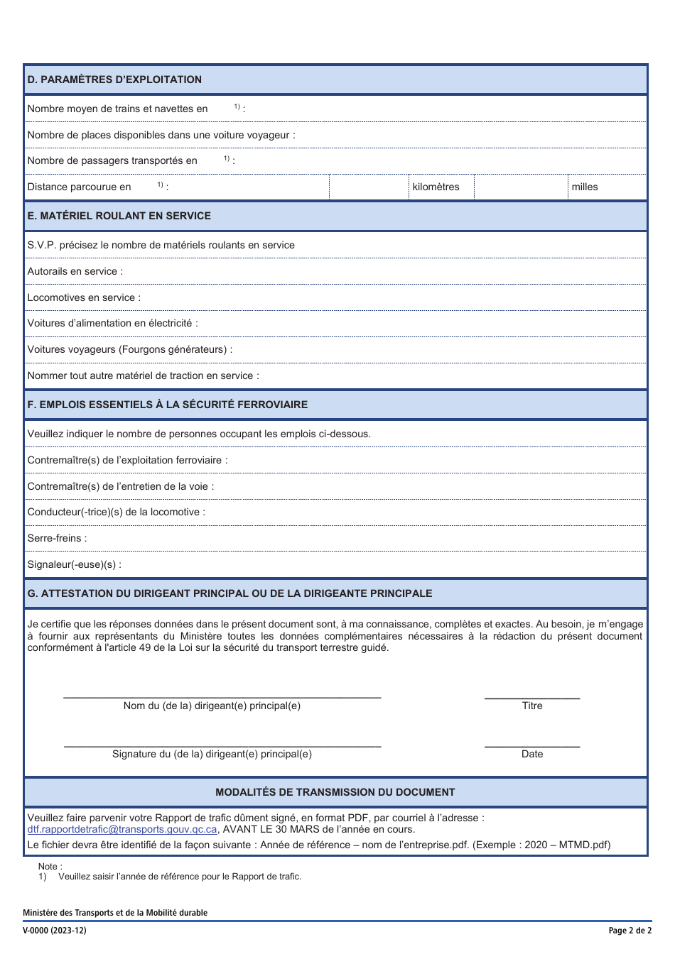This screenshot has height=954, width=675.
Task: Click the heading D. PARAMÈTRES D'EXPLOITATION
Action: pos(114,79)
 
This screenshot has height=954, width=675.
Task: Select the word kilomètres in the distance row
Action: pos(436,187)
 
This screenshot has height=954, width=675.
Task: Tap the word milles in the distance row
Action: pos(585,187)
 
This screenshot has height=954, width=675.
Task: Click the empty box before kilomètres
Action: pos(369,187)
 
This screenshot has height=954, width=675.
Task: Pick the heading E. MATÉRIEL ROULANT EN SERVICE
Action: pos(119,216)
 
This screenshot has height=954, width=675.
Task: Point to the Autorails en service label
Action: pos(75,271)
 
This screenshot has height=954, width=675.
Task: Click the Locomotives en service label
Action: pos(84,297)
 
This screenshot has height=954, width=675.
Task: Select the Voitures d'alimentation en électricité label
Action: pos(112,324)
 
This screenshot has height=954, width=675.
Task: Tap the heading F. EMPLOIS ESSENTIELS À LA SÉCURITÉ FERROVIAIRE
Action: pos(167,405)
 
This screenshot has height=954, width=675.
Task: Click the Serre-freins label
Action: pos(57,539)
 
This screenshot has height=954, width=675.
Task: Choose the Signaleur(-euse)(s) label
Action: pos(74,565)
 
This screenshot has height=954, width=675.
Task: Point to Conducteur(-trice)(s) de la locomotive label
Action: pos(116,512)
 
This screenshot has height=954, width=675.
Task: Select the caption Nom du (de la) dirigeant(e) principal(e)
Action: pos(212,706)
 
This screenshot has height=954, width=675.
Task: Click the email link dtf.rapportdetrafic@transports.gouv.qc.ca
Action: pos(122,830)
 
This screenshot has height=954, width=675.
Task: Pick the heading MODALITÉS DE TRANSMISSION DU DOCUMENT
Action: pos(335,792)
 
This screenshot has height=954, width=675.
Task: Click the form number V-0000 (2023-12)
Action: pos(55,931)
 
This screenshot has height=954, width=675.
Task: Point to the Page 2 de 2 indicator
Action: pos(630,931)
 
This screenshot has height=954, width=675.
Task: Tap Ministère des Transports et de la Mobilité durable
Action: pos(115,913)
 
